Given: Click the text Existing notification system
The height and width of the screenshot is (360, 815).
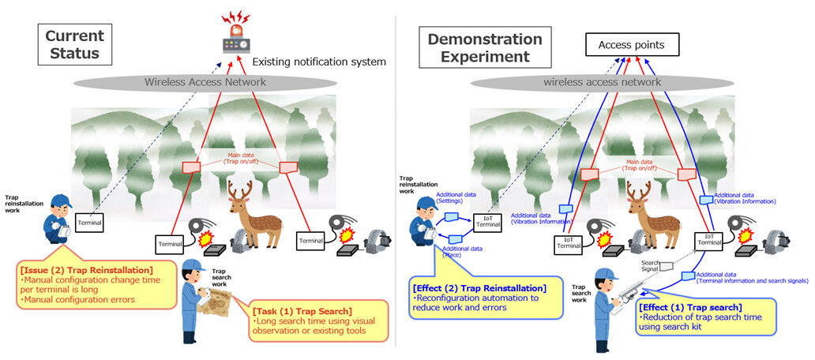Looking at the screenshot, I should click(318, 62).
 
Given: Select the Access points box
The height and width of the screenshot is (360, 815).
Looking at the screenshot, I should click(630, 45).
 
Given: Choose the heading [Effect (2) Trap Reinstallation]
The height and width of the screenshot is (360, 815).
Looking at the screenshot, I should click(479, 287).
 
